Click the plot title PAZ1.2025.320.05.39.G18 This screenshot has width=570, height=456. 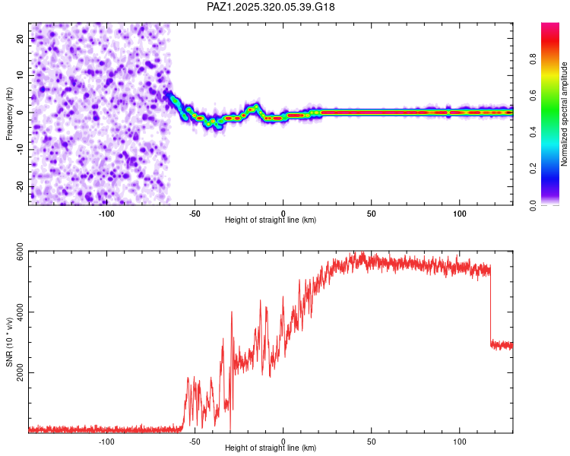tap(271, 7)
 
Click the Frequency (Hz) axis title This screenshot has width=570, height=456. tap(9, 112)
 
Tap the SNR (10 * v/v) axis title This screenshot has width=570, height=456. tap(9, 342)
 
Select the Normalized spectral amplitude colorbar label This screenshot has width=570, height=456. tap(564, 114)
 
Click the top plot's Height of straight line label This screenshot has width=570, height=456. tap(271, 220)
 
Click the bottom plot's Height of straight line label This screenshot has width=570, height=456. tap(271, 448)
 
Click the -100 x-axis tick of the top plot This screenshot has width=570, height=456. tap(106, 213)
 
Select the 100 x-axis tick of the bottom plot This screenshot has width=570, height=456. tap(460, 441)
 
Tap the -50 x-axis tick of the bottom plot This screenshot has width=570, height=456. tap(195, 441)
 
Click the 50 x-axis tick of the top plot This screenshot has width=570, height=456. tap(372, 213)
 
